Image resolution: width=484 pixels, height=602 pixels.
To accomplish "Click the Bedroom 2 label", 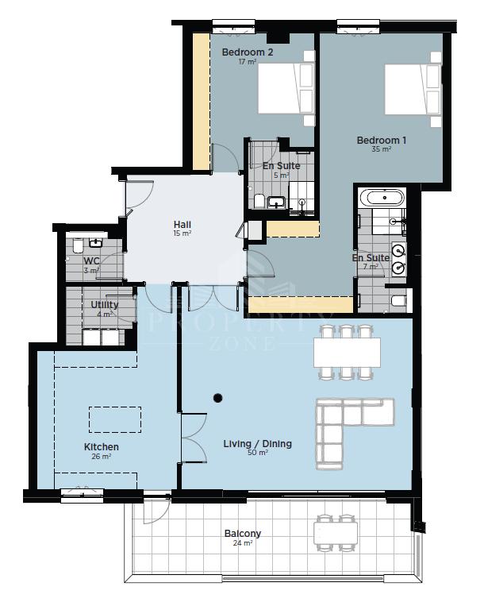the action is coord(248,52).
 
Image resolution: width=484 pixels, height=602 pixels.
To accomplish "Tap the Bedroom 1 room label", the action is coord(381,140).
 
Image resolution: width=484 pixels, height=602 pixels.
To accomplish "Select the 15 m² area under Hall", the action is coord(182,233).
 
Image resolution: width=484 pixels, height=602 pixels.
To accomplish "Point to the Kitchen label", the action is coord(102,447).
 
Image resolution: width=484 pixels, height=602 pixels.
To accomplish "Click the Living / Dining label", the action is coord(257,444).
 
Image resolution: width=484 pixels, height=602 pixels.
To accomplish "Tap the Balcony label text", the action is coord(242,533).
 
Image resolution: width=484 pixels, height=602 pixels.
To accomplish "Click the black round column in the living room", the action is coord(218,398).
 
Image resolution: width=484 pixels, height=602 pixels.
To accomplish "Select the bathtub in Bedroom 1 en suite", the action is coord(382,198).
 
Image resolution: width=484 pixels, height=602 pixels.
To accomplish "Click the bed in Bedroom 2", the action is coord(286,88).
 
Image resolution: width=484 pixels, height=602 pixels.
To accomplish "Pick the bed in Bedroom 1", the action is coord(413,89).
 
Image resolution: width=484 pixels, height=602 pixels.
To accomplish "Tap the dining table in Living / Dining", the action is coord(347,353).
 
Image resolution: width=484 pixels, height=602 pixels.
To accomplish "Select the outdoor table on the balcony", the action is coord(336,533).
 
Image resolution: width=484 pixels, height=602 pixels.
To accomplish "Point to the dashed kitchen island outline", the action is coord(115,419).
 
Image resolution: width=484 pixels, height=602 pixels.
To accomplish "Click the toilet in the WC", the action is coord(77,246).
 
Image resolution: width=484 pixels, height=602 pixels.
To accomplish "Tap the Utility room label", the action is coord(104,304).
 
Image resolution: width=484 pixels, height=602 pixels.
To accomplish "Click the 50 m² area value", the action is coord(257,452).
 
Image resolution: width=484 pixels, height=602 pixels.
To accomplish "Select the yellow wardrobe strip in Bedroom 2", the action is coord(200,102).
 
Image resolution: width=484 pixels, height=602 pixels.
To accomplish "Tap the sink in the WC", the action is coord(95,243).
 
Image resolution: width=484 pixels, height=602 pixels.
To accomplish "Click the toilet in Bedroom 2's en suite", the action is coord(259,201).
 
